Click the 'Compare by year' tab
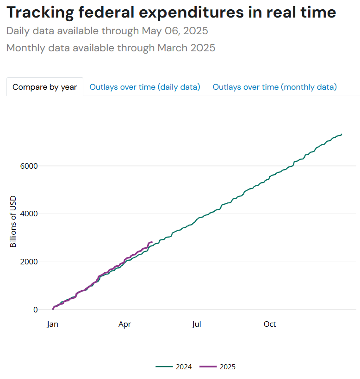45,87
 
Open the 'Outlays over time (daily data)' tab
145,87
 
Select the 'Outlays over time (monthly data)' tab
275,87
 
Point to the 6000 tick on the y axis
29,166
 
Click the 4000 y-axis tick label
29,214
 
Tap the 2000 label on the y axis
29,262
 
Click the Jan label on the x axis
53,324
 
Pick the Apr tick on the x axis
124,324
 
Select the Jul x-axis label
197,324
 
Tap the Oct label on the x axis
270,324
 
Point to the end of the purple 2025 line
152,242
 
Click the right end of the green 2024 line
341,134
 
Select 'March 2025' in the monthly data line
186,48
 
